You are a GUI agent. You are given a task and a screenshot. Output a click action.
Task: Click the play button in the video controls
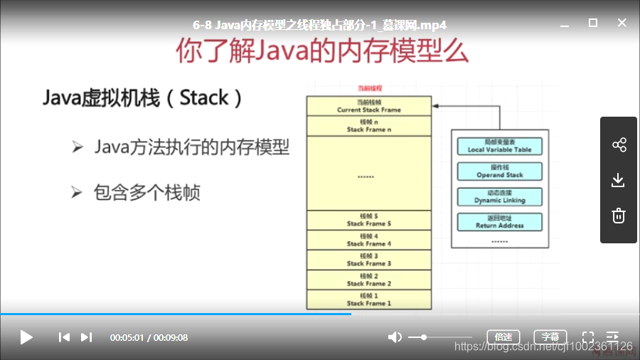click(26, 337)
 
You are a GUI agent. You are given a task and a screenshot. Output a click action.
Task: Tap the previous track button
click(64, 337)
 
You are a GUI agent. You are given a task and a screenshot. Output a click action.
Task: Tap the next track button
click(86, 337)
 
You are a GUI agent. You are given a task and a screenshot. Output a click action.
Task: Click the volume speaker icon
click(395, 337)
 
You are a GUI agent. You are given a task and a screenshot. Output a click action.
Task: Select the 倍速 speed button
click(503, 337)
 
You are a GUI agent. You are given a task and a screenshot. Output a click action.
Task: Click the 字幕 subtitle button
click(550, 337)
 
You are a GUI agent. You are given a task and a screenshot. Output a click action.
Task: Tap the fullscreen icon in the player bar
click(588, 337)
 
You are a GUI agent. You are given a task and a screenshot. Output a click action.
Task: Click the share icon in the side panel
click(619, 145)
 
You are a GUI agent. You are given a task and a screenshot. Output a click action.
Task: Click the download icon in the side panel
click(619, 180)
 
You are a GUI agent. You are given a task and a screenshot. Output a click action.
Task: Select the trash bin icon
click(619, 215)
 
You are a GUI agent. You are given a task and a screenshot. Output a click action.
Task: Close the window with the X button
click(622, 23)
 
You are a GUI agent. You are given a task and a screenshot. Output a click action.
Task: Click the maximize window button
click(593, 23)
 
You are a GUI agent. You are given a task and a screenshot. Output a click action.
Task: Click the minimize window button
click(564, 23)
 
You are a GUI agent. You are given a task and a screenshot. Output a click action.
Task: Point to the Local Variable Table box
click(500, 147)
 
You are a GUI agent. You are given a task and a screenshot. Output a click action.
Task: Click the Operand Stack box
click(500, 171)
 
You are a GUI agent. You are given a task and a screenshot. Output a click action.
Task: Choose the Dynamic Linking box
click(500, 197)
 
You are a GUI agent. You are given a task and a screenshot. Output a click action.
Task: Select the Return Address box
click(500, 222)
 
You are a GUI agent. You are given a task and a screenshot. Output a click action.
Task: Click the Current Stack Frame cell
click(369, 107)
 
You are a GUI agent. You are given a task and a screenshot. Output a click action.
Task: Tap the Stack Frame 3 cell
click(369, 260)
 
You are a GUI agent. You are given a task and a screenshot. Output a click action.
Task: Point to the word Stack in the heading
click(204, 97)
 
